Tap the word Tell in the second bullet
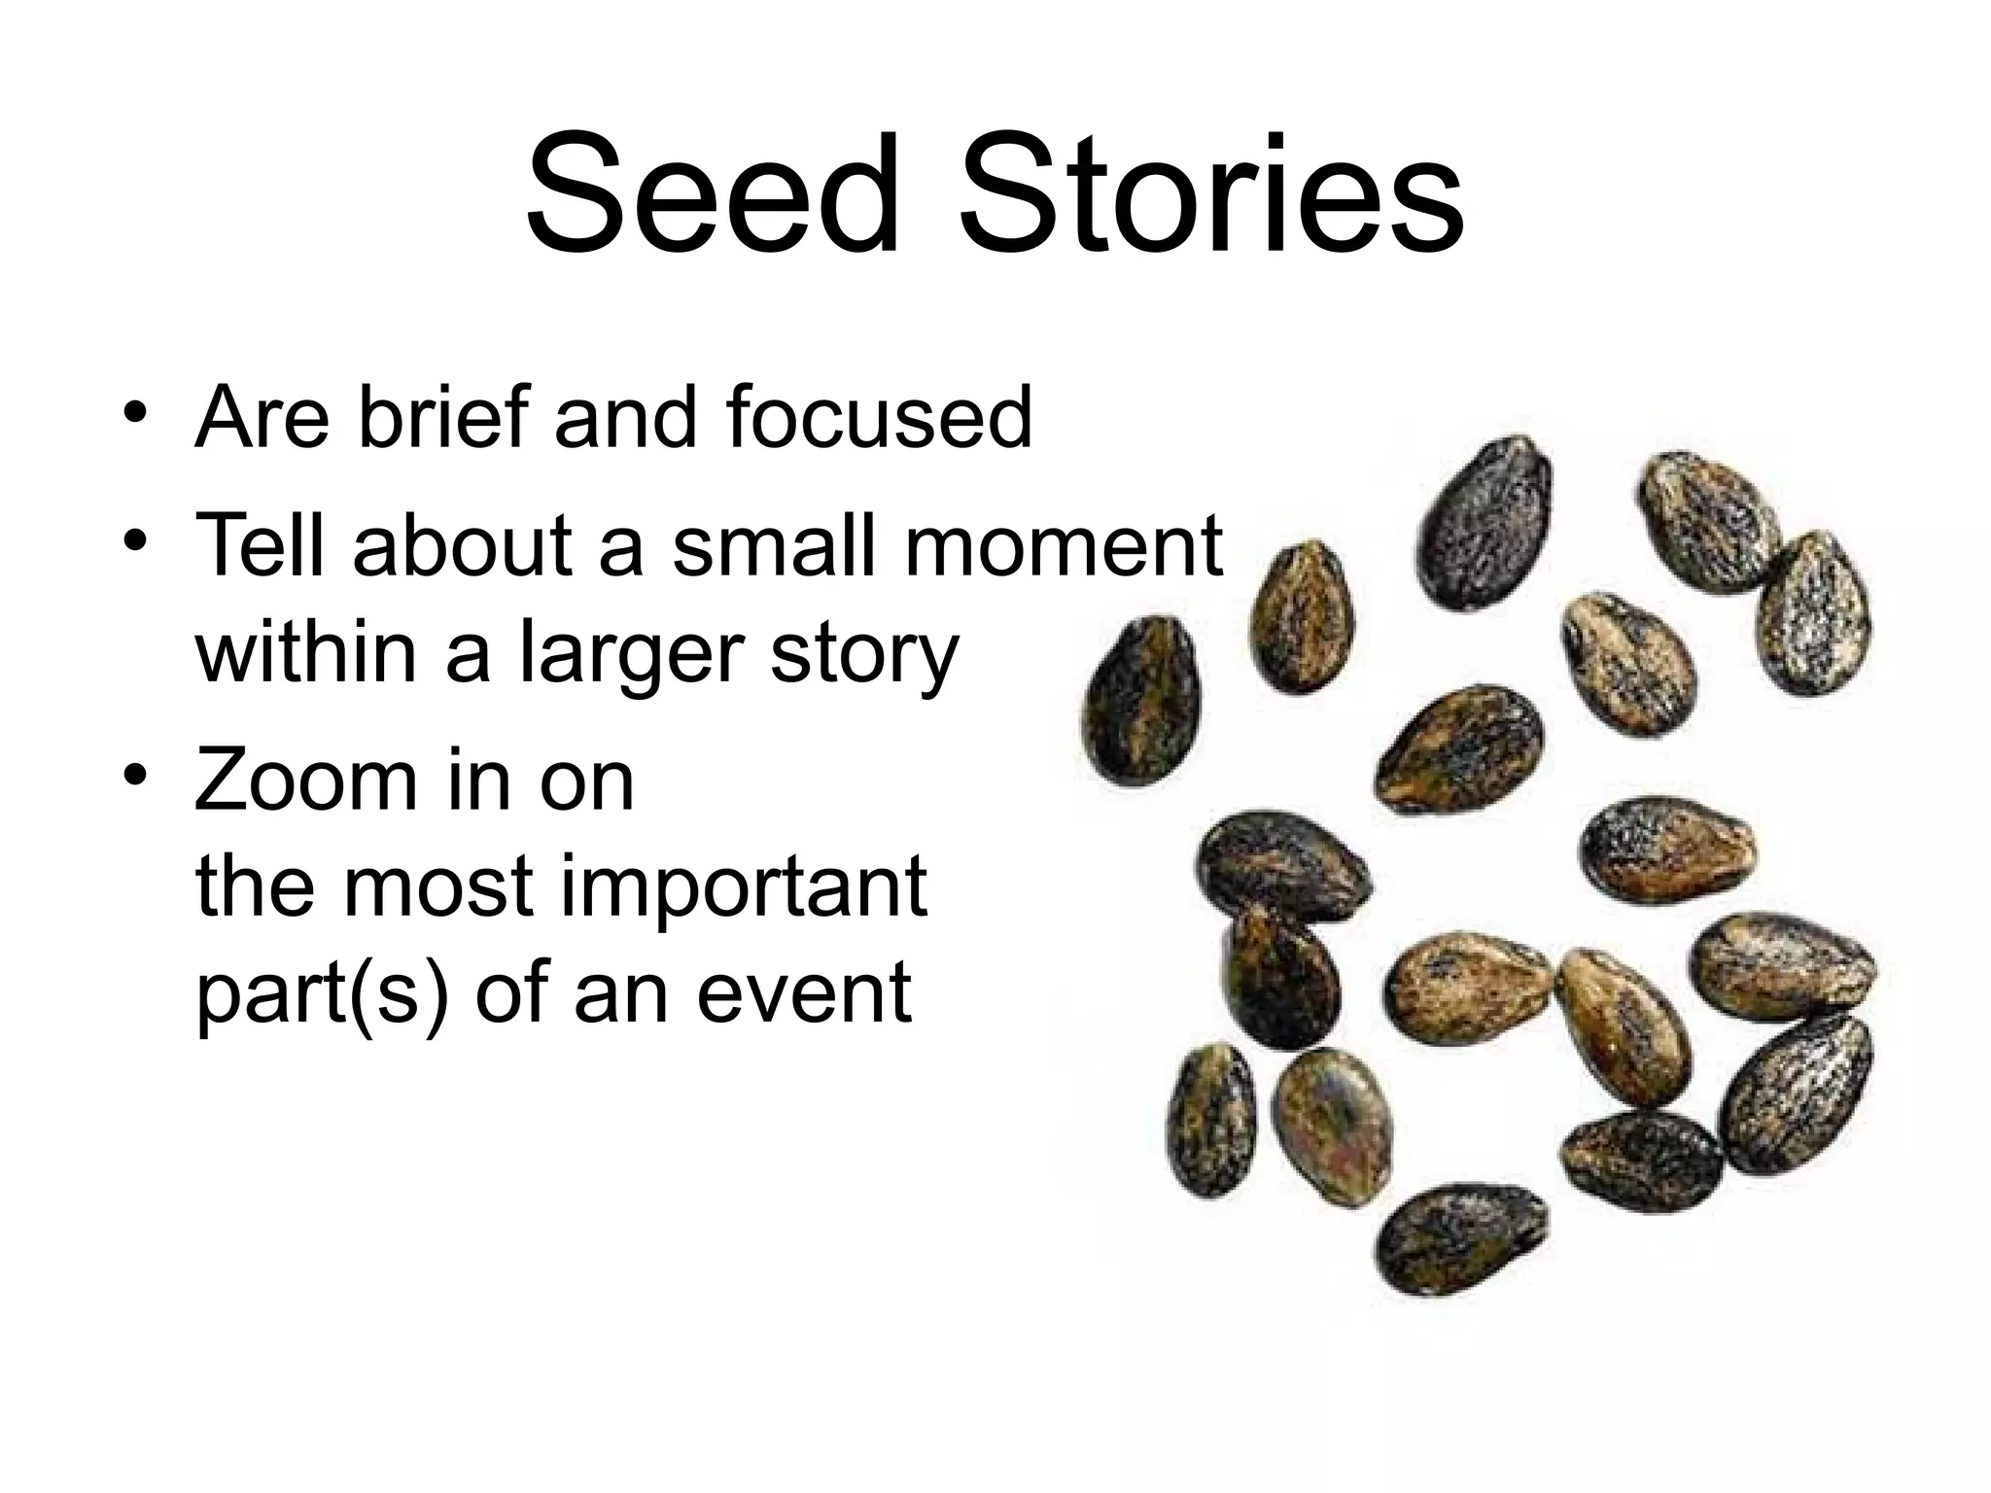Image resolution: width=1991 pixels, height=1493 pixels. [x=259, y=545]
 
